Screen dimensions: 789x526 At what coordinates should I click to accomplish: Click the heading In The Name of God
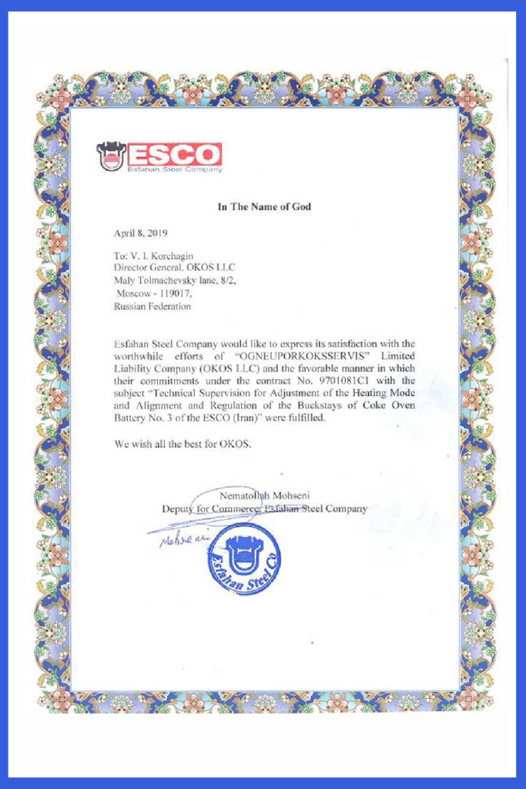[x=264, y=206]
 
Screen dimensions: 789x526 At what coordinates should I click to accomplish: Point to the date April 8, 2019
[x=140, y=232]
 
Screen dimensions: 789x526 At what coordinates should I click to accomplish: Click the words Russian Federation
[x=152, y=306]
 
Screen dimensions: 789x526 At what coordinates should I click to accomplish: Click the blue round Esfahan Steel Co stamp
[x=241, y=559]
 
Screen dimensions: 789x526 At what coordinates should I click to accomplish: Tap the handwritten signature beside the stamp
[x=177, y=539]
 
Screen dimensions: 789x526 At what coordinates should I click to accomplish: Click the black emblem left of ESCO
[x=111, y=156]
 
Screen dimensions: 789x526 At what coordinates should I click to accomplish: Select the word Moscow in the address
[x=135, y=294]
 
